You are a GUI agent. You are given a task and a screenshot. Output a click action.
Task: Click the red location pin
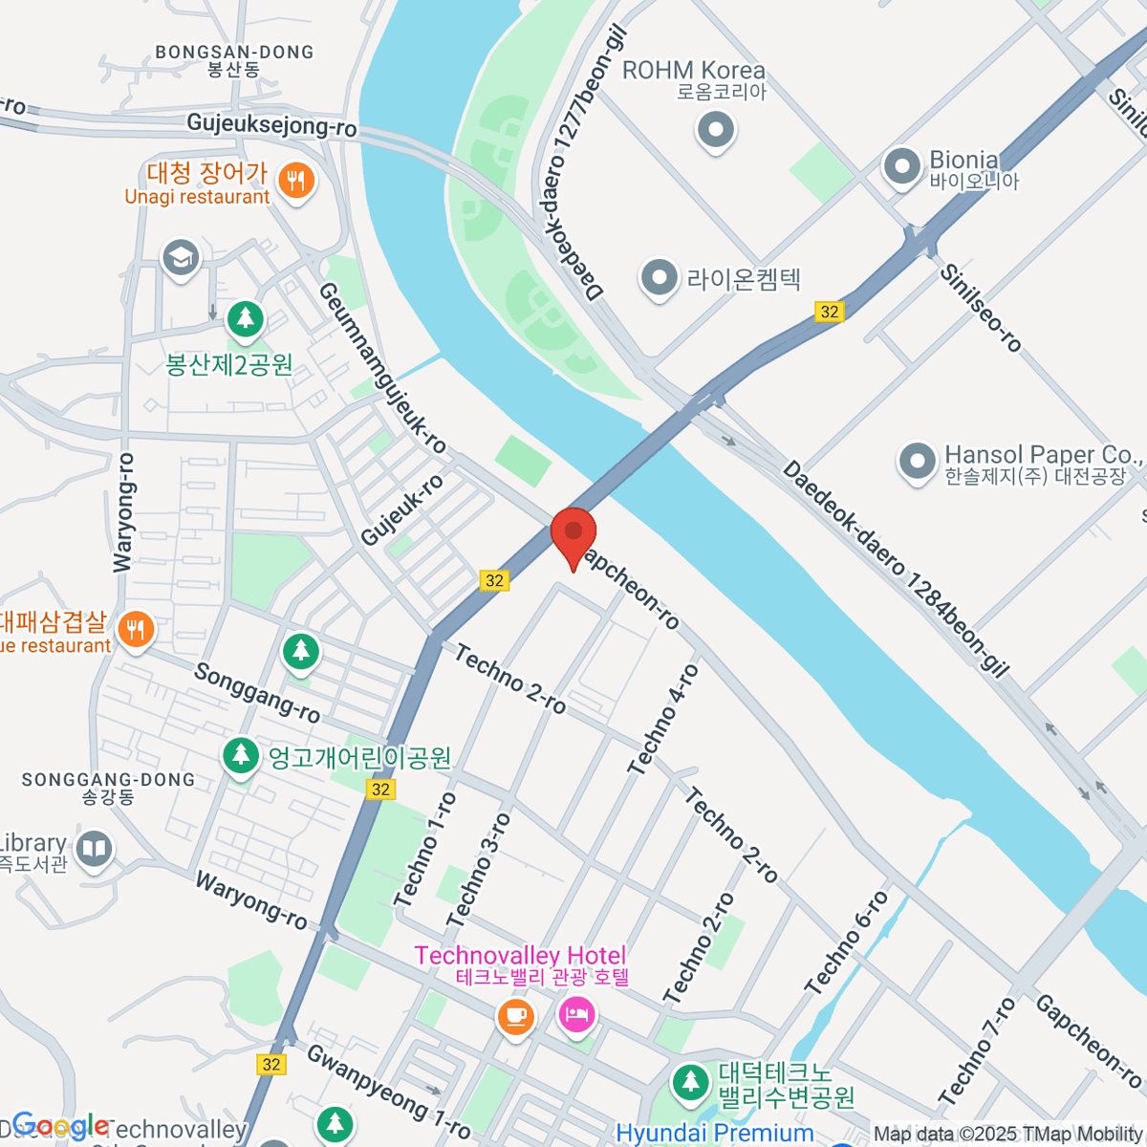573,531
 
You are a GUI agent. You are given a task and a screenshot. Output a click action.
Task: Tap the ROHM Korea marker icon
715,129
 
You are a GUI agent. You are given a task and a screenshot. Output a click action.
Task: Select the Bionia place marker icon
901,168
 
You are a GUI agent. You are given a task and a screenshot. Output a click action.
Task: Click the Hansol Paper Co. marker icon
917,463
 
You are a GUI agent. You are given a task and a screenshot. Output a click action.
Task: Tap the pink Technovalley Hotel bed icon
575,1014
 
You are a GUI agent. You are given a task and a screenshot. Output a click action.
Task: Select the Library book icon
94,849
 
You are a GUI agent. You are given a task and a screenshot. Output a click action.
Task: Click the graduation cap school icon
181,257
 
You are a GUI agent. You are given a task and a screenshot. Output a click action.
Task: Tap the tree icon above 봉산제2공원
246,317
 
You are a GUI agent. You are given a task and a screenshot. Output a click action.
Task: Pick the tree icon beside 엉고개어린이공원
241,756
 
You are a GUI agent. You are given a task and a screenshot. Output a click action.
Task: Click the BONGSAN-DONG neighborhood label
234,53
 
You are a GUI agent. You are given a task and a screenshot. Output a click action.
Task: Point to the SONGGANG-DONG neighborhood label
108,780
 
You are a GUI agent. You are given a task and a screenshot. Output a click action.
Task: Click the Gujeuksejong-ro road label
271,124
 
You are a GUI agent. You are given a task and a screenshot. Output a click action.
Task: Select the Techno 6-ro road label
846,941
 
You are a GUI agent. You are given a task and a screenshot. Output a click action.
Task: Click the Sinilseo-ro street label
981,307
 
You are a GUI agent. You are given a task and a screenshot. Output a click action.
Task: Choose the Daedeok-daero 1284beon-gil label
895,568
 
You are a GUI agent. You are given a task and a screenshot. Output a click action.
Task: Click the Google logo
59,1125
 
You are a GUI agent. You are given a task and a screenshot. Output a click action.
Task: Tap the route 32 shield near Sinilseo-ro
829,312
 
